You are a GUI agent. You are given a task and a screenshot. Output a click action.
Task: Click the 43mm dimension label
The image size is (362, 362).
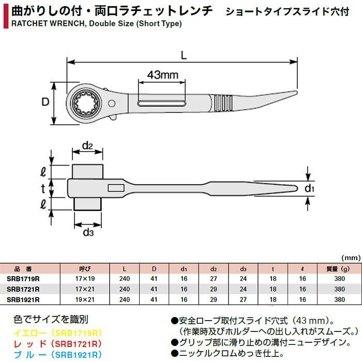tap(163, 75)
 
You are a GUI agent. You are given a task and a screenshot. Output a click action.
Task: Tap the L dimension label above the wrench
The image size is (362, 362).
tap(184, 55)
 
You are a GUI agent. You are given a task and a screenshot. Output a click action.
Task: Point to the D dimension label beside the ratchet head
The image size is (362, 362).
tap(46, 102)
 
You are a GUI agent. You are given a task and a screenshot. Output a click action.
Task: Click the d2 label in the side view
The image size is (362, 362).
tap(87, 146)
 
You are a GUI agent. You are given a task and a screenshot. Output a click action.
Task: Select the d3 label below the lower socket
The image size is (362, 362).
tap(88, 232)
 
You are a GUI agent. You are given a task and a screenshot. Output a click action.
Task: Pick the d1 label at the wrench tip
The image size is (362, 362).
tap(309, 188)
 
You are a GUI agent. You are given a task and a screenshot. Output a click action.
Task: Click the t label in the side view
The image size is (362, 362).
tap(43, 189)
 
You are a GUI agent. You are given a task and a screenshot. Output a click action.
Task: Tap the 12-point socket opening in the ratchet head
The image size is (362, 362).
tap(86, 103)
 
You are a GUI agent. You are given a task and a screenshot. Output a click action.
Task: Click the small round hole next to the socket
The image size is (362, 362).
tap(112, 103)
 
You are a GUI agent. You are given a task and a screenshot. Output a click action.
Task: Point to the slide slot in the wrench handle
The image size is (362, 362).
tap(161, 103)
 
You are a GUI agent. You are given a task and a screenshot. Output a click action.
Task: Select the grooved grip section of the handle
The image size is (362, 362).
tap(223, 103)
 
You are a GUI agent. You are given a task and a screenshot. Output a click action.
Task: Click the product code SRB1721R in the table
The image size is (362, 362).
tap(23, 289)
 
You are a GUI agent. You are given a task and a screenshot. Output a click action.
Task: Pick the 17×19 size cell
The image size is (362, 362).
tap(85, 279)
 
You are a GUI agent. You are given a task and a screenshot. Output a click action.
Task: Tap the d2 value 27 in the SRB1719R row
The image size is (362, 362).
tap(214, 279)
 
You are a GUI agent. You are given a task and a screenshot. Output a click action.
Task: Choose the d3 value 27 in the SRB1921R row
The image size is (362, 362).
tap(243, 299)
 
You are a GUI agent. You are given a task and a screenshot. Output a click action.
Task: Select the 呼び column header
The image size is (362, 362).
tap(85, 269)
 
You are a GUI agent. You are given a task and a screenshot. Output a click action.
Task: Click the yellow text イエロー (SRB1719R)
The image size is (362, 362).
tap(57, 333)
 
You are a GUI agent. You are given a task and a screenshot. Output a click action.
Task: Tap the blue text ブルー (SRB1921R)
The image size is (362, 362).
tap(57, 355)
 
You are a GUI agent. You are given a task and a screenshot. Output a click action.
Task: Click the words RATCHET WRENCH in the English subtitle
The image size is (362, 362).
tap(48, 24)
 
